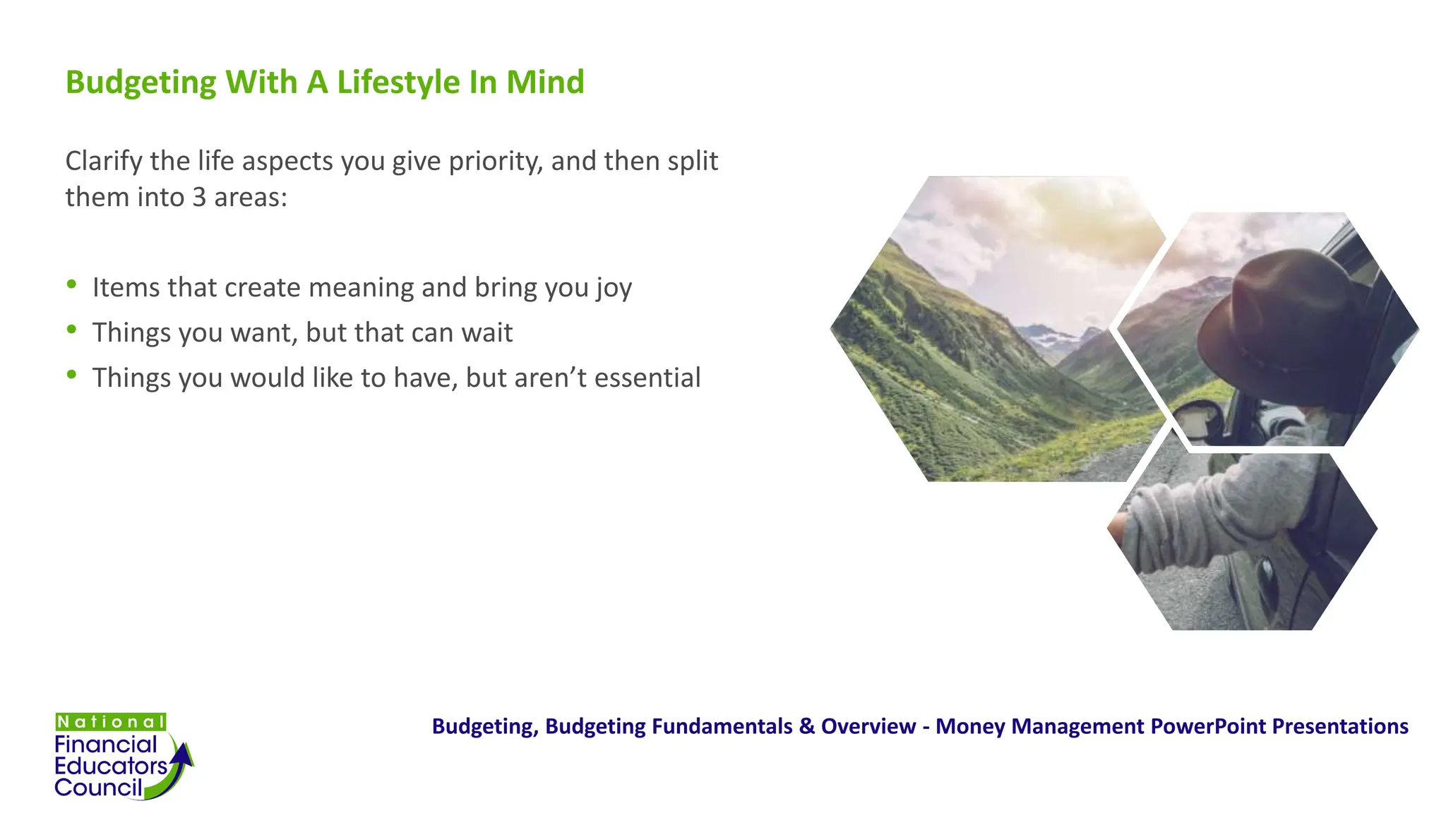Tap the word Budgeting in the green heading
tap(141, 83)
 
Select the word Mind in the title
tap(545, 83)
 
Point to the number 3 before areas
tap(199, 198)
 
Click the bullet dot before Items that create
tap(71, 284)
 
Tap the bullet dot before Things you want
tap(71, 329)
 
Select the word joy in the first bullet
tap(613, 289)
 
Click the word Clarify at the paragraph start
tap(104, 162)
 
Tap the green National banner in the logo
tap(111, 722)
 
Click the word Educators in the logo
tap(111, 766)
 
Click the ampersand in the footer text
tap(806, 726)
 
